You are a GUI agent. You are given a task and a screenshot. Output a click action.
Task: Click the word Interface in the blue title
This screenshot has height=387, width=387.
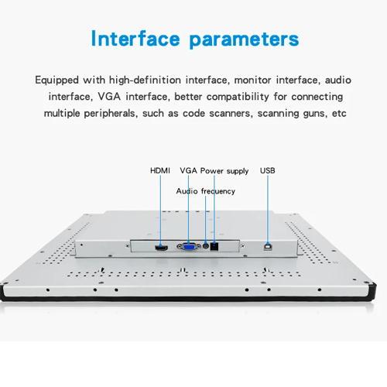[135, 39]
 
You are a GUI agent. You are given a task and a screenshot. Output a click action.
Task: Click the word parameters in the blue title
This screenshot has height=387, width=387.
[244, 39]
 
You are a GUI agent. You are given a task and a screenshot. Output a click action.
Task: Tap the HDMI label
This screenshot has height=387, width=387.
[160, 170]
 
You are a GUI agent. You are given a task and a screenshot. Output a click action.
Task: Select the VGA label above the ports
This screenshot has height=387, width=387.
[189, 170]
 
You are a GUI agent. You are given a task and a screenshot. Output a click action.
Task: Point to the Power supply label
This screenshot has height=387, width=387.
[224, 171]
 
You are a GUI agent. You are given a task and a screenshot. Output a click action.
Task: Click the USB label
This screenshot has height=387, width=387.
[268, 170]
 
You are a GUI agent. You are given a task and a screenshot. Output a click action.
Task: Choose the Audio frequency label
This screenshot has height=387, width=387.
[206, 191]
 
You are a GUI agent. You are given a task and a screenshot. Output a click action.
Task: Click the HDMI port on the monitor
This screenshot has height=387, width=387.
[161, 248]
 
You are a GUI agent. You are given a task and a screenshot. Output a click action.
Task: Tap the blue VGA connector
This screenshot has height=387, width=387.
[190, 247]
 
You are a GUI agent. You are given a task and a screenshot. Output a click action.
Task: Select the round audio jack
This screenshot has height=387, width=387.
[206, 246]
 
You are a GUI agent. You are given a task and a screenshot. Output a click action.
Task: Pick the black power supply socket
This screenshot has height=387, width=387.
[214, 246]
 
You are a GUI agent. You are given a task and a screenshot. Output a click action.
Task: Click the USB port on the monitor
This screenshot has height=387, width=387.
[268, 247]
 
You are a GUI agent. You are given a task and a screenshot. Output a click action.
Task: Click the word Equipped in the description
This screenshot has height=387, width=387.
[57, 80]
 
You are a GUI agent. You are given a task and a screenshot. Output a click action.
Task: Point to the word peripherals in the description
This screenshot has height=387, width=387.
[111, 114]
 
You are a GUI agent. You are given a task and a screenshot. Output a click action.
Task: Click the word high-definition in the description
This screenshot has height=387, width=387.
[145, 80]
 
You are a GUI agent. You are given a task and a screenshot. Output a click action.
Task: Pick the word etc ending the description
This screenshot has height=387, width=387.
[339, 114]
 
